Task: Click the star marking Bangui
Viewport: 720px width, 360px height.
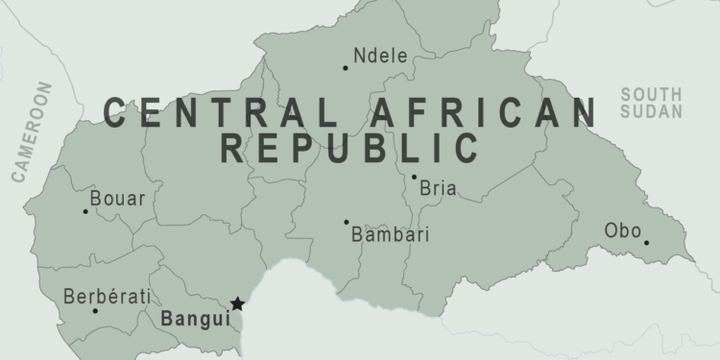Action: (237, 304)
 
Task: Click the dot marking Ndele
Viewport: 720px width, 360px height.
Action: (346, 67)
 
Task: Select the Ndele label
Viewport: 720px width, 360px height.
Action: (380, 56)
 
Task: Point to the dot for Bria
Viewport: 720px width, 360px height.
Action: (414, 177)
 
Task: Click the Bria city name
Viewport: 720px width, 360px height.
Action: (437, 189)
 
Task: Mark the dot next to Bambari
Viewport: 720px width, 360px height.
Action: (347, 222)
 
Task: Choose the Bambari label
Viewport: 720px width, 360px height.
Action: (391, 234)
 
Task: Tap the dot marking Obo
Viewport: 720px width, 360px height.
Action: (646, 242)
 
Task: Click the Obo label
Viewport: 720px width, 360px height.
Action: (622, 230)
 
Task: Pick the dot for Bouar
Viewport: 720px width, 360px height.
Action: (85, 211)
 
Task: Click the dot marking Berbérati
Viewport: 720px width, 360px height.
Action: (94, 310)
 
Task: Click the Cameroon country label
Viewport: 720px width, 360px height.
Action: (32, 132)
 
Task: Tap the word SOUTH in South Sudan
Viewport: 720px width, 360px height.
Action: (651, 94)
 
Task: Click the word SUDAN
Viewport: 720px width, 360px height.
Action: (651, 111)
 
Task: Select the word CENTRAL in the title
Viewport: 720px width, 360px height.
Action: (198, 113)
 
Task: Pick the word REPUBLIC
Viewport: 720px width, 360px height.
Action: (350, 149)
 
